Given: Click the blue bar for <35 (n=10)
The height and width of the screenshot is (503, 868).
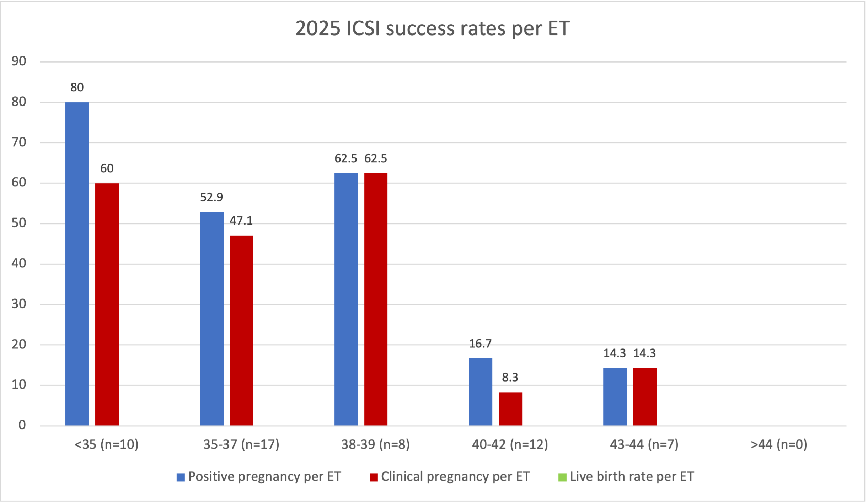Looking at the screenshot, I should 77,264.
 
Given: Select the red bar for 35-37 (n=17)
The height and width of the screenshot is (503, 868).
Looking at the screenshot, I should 241,330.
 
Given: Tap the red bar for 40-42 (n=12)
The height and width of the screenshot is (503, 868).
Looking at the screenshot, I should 510,409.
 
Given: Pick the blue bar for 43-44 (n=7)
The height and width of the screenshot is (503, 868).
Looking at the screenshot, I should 615,396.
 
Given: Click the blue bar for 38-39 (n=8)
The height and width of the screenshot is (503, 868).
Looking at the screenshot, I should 346,299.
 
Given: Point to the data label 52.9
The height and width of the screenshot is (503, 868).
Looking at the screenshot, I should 211,197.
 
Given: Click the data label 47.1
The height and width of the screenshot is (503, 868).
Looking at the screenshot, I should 241,221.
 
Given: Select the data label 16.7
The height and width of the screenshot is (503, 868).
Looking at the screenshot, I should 480,344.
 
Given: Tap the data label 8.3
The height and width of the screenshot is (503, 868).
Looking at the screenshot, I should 510,377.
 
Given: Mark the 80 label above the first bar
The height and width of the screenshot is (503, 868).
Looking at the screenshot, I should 77,87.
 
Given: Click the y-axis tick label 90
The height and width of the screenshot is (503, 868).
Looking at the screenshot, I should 19,61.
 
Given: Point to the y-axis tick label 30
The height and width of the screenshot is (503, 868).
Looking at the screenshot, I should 19,304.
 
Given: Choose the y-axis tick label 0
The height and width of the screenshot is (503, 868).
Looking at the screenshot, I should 22,425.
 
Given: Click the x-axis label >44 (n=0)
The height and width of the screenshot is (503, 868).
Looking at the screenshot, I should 779,444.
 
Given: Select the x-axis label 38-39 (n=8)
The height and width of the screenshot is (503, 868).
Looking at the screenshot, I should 376,444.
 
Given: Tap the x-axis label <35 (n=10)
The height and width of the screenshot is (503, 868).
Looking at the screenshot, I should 107,444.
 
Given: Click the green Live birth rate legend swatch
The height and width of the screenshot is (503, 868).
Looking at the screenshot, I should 562,477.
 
